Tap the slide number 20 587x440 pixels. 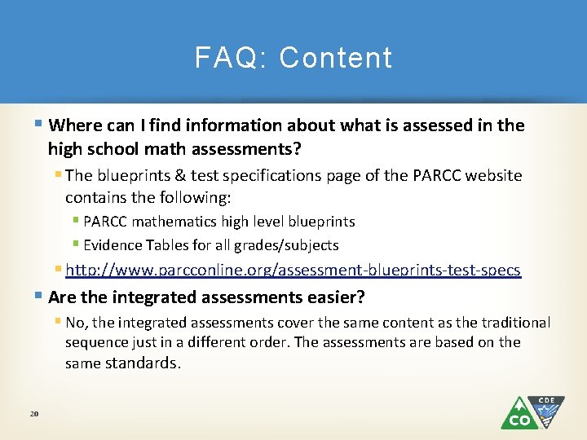[34, 415]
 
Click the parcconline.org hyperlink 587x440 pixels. [293, 270]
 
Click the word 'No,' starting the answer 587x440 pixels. [77, 323]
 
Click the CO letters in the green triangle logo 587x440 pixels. [519, 420]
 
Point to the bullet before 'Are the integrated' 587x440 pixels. [41, 297]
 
